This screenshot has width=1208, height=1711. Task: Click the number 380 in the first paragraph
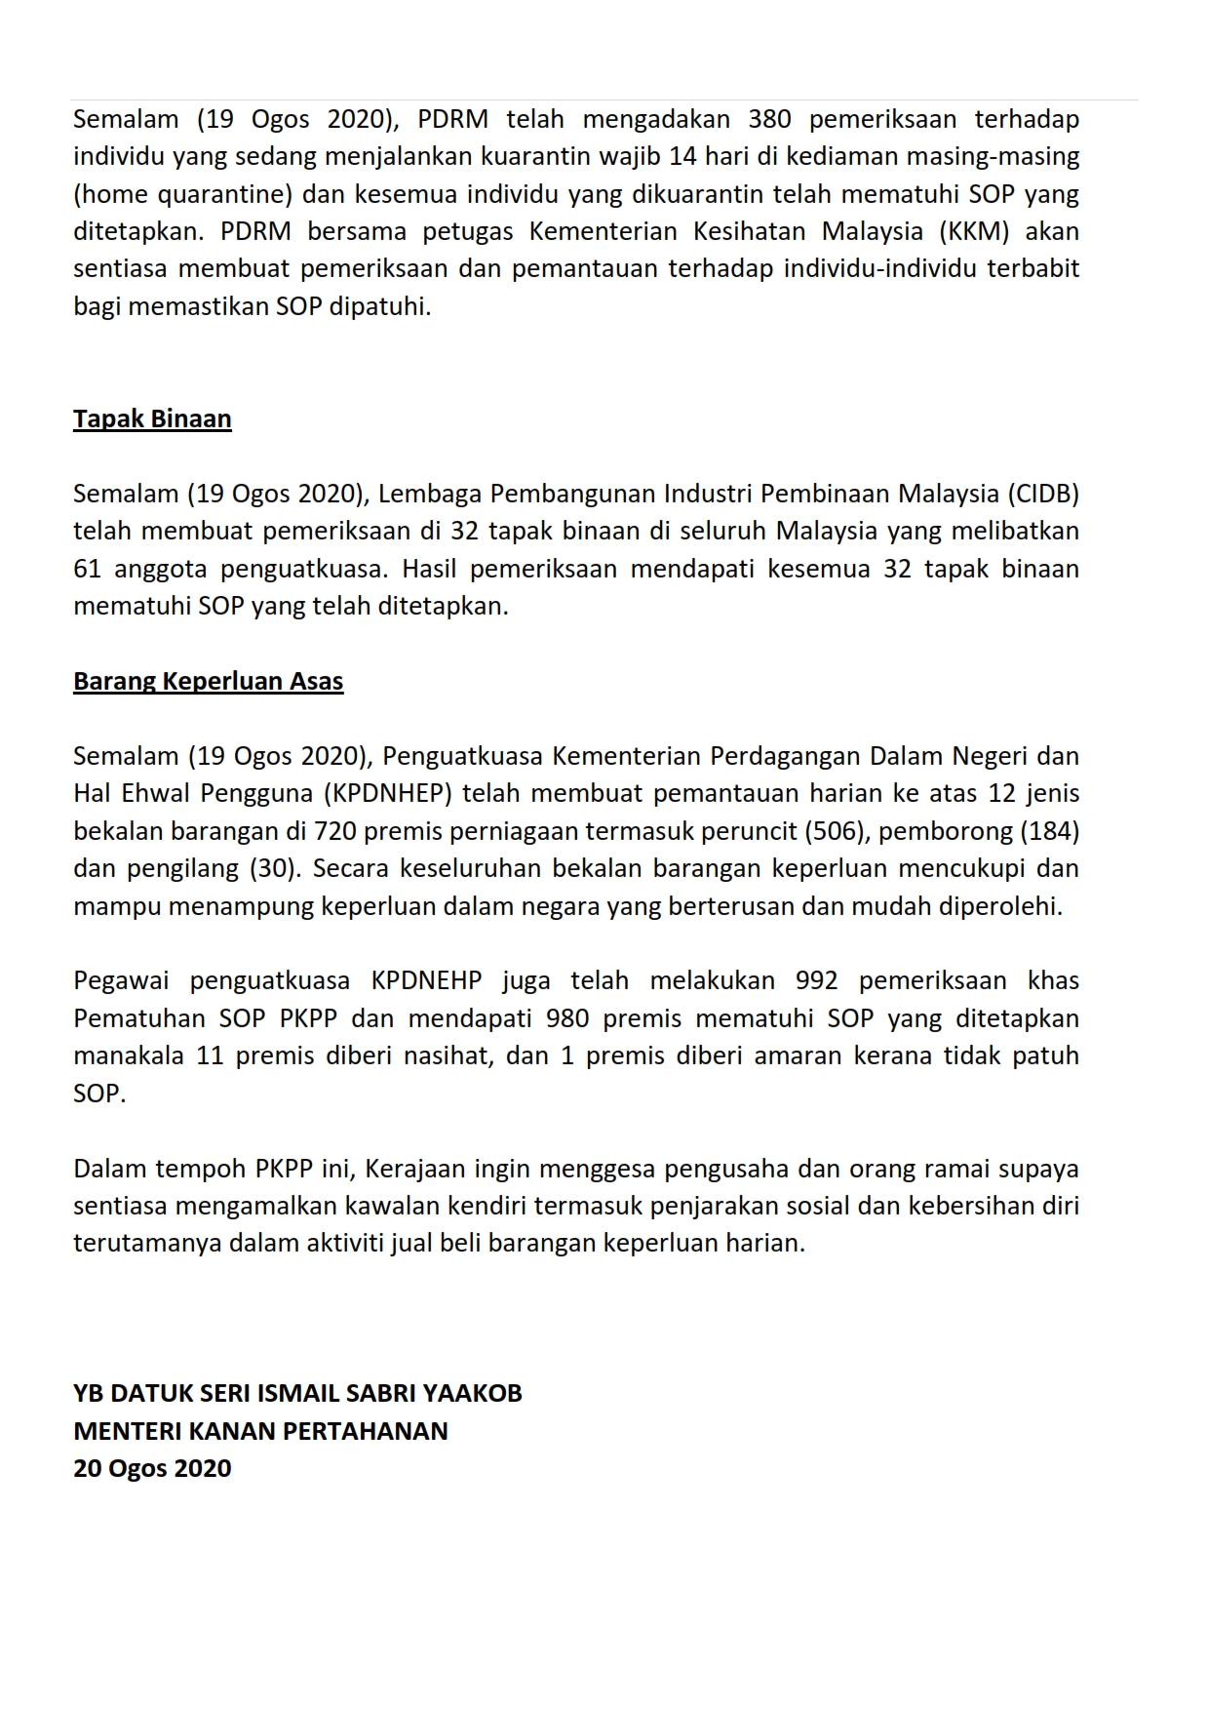[x=769, y=120]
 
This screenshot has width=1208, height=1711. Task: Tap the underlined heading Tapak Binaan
[x=152, y=419]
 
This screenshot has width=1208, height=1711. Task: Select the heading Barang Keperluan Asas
[x=208, y=681]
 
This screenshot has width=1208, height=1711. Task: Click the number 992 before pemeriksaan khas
[x=817, y=980]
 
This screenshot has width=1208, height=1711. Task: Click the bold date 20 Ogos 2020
[x=152, y=1468]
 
